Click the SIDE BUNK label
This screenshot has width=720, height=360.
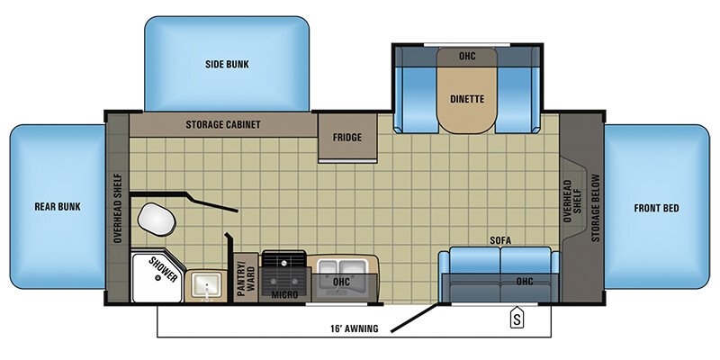click(x=227, y=65)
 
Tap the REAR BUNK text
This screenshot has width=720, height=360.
click(x=58, y=207)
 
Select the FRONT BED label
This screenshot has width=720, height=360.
click(x=656, y=209)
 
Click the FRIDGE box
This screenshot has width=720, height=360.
click(x=346, y=139)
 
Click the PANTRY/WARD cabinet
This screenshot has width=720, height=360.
click(x=241, y=278)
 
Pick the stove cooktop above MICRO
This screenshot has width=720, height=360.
click(x=286, y=266)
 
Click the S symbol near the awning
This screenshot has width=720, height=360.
click(x=517, y=318)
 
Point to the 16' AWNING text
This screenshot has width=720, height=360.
click(x=354, y=328)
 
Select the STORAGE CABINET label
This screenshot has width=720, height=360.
click(x=223, y=124)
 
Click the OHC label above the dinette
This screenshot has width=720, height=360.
click(x=466, y=56)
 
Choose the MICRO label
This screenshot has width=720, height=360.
click(x=286, y=293)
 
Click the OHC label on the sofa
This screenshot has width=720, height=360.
click(x=525, y=283)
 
